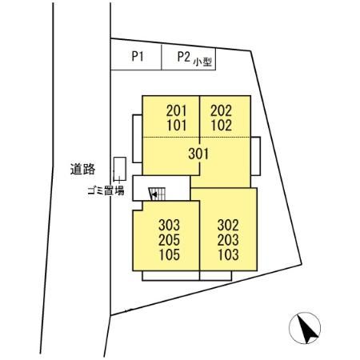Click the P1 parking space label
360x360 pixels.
point(138,57)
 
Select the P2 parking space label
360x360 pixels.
point(184,57)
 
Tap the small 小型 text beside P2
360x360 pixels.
point(202,62)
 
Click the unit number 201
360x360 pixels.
point(176,110)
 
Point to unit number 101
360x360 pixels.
point(177,126)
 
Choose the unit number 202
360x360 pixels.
point(221,110)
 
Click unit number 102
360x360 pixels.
point(222,126)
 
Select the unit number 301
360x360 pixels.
point(198,154)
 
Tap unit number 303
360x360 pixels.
point(169,225)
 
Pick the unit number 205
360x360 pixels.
point(169,240)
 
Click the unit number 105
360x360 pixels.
point(170,254)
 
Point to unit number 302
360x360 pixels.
point(228,225)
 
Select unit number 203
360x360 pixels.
point(228,240)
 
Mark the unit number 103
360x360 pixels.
point(228,254)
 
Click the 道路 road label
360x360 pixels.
point(82,169)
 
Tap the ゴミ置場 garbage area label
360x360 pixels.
point(106,190)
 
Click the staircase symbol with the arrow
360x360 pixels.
point(158,194)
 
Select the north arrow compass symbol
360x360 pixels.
point(305,328)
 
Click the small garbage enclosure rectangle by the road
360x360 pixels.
point(120,169)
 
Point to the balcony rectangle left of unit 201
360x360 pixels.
point(138,138)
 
